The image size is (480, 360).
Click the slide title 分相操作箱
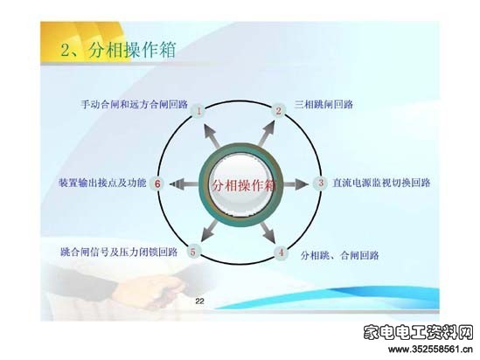[x=132, y=50]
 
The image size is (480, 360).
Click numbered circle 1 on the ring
[x=199, y=111]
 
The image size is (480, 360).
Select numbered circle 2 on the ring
[x=278, y=110]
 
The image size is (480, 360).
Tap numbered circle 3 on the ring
[x=321, y=183]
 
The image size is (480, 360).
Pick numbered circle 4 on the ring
[x=281, y=253]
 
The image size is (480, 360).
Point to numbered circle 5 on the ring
[x=193, y=252]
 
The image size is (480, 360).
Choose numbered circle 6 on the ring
[x=157, y=183]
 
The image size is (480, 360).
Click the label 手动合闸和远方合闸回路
[x=135, y=104]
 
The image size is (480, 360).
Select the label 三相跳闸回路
[x=323, y=104]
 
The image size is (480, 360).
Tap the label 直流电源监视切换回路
[x=381, y=183]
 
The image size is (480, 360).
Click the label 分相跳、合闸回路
[x=340, y=255]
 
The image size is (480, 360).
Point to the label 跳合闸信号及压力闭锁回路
[x=119, y=253]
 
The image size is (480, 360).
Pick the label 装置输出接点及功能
[x=102, y=183]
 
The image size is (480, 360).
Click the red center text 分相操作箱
[x=243, y=185]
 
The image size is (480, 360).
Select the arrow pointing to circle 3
[x=296, y=184]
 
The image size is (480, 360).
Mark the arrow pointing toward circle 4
[x=268, y=232]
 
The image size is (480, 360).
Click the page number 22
[x=199, y=301]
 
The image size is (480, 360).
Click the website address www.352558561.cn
[x=430, y=349]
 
